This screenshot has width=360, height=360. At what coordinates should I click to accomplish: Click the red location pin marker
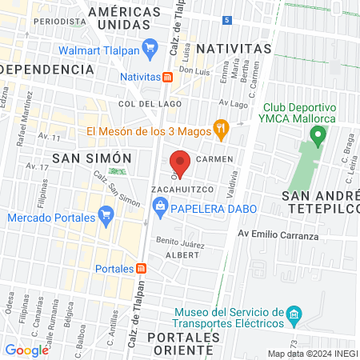(180, 163)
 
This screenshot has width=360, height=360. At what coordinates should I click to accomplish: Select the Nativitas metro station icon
(168, 78)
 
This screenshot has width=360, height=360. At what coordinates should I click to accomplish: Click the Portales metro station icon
(142, 269)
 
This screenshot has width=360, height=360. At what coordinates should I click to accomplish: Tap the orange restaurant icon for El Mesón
(221, 127)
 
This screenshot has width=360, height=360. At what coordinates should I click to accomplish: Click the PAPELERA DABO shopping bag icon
(160, 208)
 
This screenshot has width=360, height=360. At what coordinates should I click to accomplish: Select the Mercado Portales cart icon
(105, 215)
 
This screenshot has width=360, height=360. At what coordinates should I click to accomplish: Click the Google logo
(26, 350)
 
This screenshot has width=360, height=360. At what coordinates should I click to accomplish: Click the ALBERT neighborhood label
(182, 254)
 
